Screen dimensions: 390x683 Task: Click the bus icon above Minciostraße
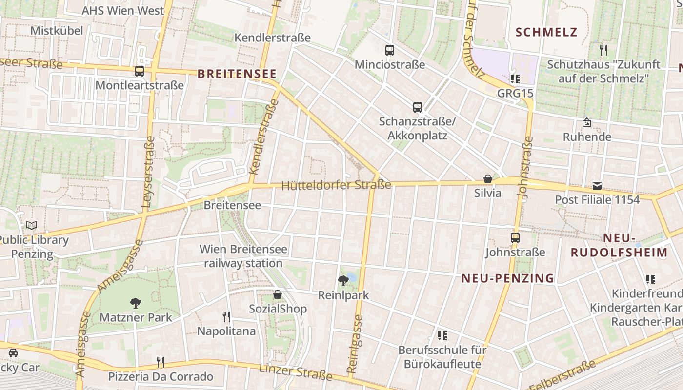pos(389,50)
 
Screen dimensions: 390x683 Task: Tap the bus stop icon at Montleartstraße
pos(140,71)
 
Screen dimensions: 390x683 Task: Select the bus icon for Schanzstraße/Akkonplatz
pos(417,107)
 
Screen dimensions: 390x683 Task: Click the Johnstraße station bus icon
pos(515,238)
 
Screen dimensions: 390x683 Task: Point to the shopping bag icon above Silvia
pos(487,179)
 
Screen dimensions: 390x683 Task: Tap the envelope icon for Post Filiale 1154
pos(597,185)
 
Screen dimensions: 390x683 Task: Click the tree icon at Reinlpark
pos(343,280)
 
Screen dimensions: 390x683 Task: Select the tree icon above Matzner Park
pos(136,303)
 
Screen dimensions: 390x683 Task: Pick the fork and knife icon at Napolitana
pos(226,317)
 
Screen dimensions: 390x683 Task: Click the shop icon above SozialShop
pos(278,294)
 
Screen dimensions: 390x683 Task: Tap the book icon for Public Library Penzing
pos(32,225)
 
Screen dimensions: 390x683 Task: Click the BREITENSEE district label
pos(237,74)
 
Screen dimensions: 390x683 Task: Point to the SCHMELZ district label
pos(546,33)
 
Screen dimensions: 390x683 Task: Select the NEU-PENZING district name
pos(508,278)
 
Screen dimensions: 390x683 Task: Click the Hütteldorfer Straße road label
pos(337,185)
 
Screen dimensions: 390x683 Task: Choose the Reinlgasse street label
pos(355,344)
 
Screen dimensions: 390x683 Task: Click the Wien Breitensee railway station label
pos(243,256)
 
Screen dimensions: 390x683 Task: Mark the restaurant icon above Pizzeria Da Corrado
pos(160,362)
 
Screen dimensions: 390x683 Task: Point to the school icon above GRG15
pos(515,78)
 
